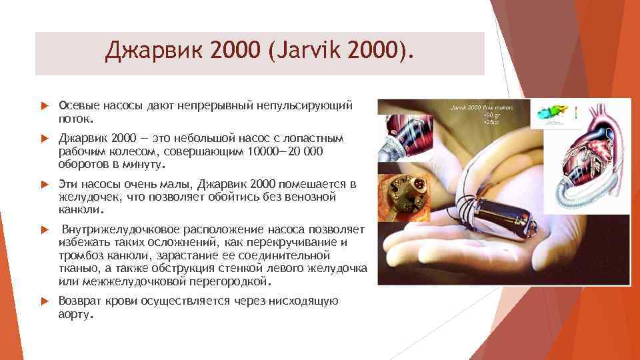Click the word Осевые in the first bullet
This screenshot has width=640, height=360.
79,106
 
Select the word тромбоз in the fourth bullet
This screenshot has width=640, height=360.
79,255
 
